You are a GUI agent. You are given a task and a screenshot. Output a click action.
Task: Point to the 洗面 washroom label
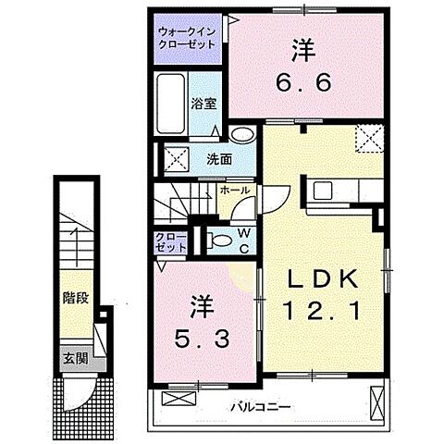(x=218, y=158)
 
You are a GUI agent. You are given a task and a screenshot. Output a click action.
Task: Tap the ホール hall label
(x=231, y=190)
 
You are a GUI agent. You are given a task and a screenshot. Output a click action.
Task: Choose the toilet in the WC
(x=219, y=240)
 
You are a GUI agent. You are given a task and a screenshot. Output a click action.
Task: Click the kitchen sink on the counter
(x=325, y=191)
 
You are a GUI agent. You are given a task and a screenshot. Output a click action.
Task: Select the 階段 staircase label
(x=76, y=299)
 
